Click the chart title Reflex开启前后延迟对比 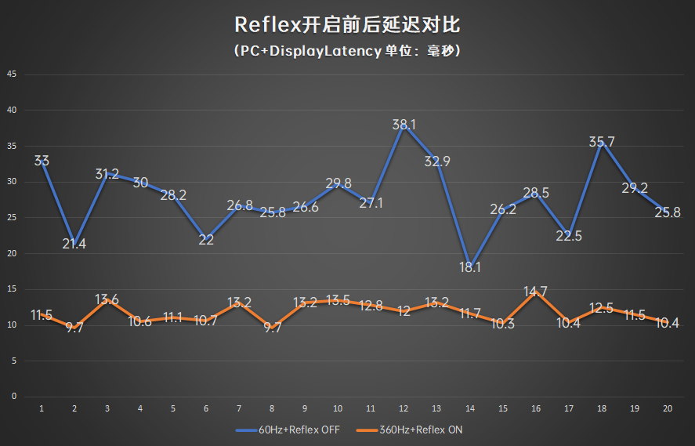click(x=347, y=24)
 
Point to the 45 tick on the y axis click(x=12, y=74)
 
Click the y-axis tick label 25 click(x=12, y=218)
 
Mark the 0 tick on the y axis click(x=13, y=397)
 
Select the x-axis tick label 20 click(x=667, y=408)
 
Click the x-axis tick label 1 click(x=42, y=408)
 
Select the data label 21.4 click(x=74, y=244)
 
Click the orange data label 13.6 click(x=107, y=299)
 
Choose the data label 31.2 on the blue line click(x=107, y=174)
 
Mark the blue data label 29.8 click(x=338, y=183)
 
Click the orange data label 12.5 click(x=601, y=308)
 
